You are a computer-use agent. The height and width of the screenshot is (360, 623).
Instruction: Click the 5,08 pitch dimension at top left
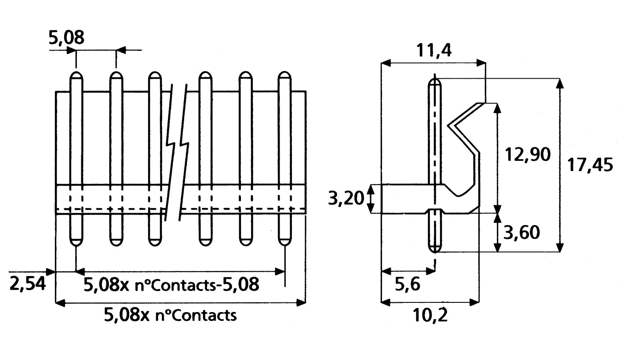(66, 38)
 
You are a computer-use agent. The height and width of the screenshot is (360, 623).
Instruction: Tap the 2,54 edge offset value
(28, 284)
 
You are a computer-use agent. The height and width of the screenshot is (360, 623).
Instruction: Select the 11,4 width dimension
(434, 51)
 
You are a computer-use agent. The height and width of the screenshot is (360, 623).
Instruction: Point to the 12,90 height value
(528, 155)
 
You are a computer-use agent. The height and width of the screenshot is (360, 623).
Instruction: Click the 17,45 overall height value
(590, 165)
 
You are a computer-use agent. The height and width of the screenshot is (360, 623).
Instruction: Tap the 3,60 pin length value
(521, 233)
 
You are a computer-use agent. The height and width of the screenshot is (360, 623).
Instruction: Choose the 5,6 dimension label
(408, 284)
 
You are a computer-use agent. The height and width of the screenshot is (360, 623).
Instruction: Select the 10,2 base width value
(430, 315)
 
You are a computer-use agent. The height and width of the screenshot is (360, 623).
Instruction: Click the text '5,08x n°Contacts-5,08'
(171, 284)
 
